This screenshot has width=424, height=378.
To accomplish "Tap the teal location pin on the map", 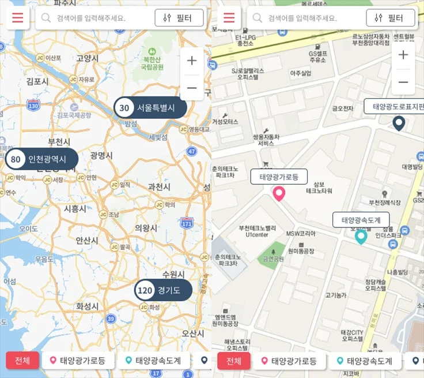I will click(x=361, y=236).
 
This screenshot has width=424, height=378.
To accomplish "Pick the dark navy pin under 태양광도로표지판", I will click(x=398, y=122).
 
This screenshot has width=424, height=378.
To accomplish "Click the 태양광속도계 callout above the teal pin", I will click(x=361, y=220).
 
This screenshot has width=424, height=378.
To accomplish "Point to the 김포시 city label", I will click(x=37, y=81).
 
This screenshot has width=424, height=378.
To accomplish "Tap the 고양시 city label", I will click(x=87, y=58).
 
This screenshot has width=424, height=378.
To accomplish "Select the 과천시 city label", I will click(x=159, y=187).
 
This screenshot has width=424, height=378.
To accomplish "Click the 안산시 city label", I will click(x=87, y=240).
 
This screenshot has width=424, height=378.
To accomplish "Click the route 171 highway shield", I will click(x=187, y=223).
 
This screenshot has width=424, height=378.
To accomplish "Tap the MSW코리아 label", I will click(x=301, y=234).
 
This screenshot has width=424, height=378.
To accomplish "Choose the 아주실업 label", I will click(x=300, y=73).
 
